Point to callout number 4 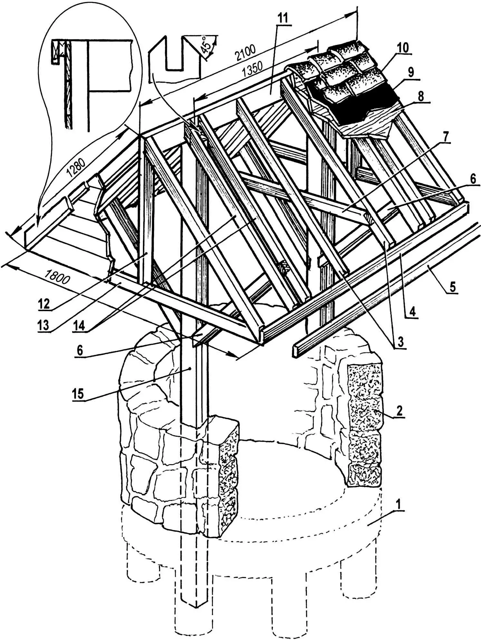click(413, 312)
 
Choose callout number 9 click(411, 72)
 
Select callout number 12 click(44, 303)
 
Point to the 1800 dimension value click(57, 276)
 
